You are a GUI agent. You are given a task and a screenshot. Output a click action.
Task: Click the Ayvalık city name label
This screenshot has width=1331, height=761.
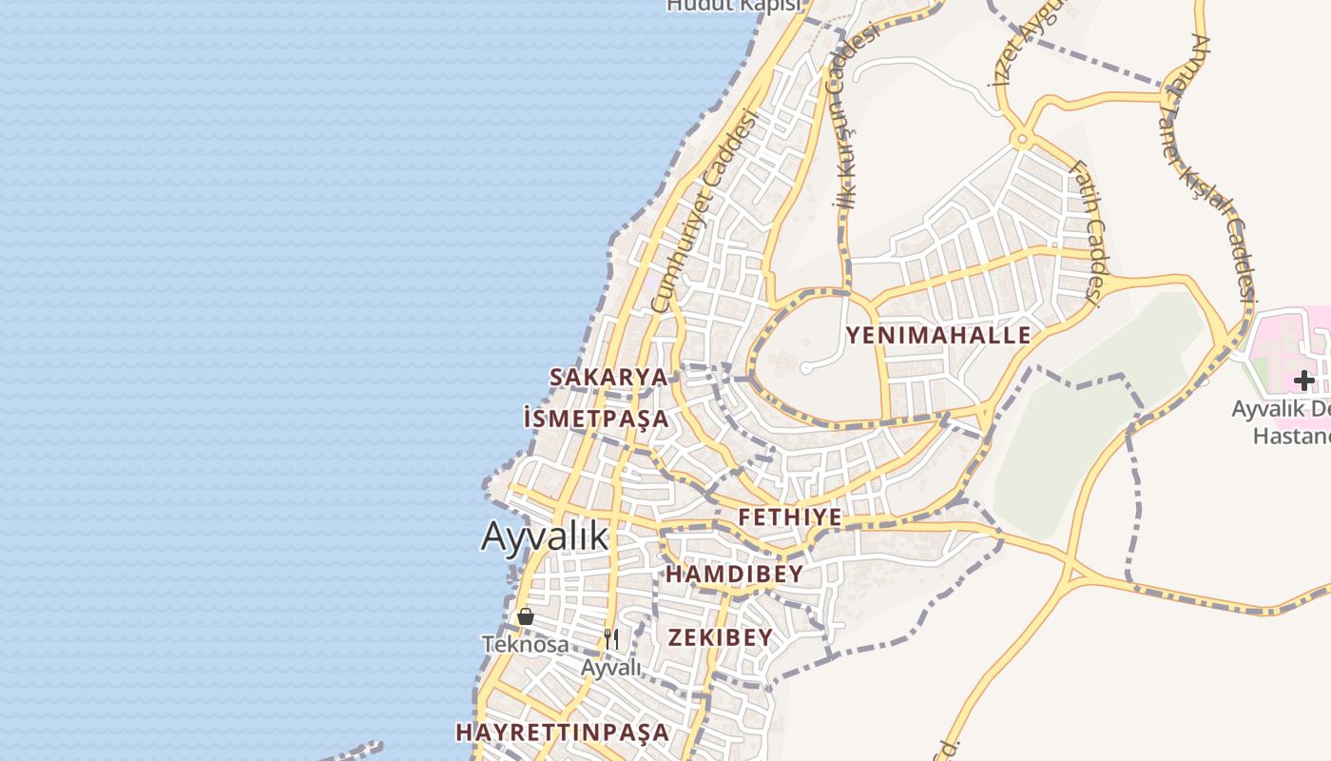pos(544,537)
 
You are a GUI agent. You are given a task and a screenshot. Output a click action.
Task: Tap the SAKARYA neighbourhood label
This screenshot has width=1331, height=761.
pos(608,377)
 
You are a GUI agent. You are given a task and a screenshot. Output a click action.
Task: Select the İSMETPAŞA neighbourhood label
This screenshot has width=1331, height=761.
pos(596,419)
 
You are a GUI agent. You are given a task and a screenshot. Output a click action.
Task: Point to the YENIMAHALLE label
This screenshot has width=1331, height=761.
pos(938,335)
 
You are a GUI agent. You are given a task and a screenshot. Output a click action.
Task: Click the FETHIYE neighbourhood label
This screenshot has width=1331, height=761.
pos(790,517)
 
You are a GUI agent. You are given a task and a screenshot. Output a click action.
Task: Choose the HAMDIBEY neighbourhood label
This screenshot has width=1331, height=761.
pos(734,575)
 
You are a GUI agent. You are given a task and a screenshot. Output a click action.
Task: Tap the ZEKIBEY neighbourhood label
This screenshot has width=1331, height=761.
pos(721,637)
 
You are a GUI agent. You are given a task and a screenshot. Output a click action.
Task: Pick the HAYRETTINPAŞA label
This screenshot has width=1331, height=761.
pos(563,732)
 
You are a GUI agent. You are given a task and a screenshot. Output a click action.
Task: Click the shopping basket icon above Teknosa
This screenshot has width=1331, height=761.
pos(526,616)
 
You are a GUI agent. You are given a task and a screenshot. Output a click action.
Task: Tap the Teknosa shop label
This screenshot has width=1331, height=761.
pos(526,644)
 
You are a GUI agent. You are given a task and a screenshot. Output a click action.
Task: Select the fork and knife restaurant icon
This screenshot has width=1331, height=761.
pos(611,639)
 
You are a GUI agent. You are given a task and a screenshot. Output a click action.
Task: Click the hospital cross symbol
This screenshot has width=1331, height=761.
pos(1303,380)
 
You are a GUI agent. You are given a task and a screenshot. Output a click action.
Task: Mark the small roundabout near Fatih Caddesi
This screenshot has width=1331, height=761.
pos(1022,141)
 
